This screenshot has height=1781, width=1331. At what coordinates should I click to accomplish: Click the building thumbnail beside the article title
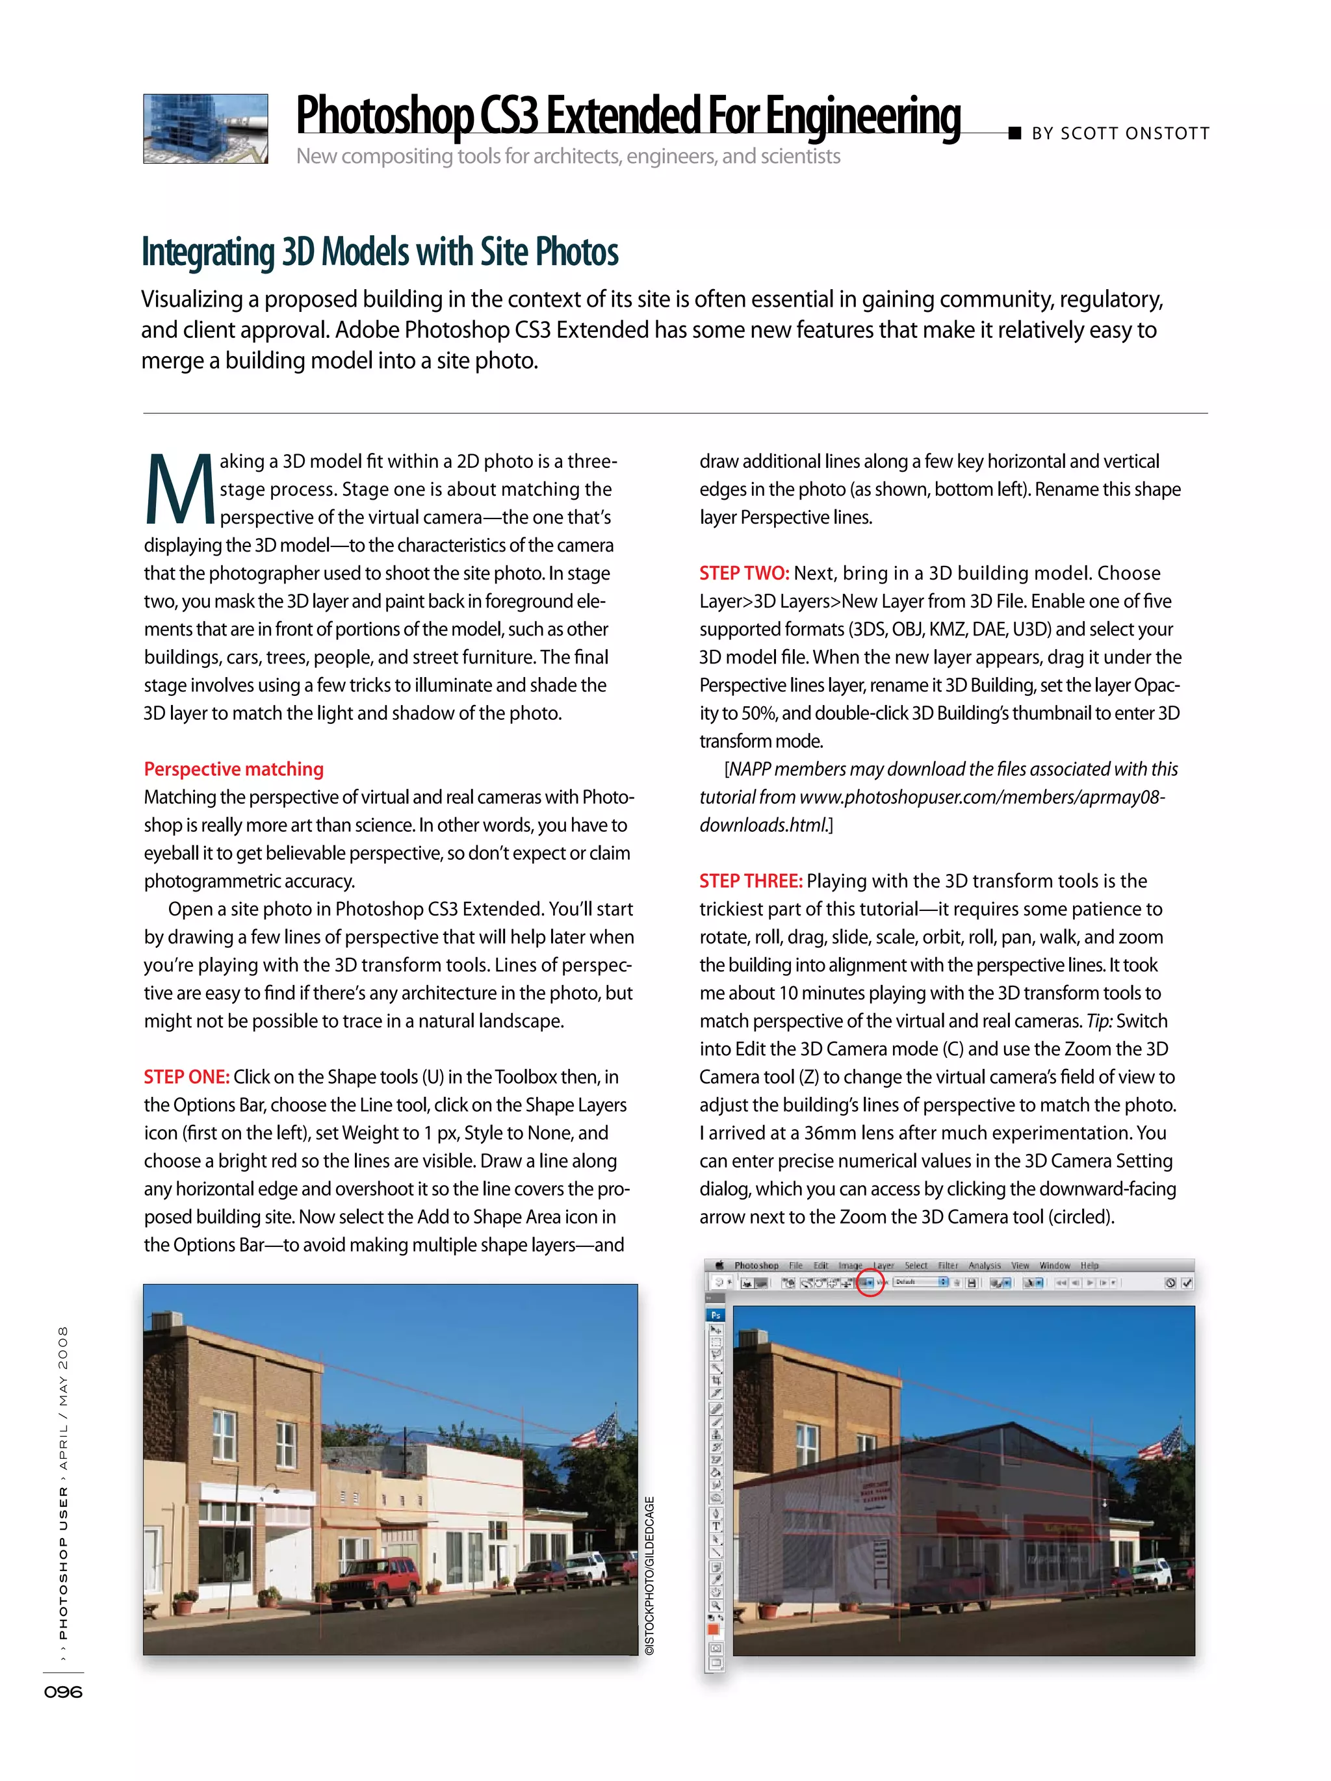205,128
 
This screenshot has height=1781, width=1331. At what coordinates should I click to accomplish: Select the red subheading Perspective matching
233,769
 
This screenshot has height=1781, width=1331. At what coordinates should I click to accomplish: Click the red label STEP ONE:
187,1077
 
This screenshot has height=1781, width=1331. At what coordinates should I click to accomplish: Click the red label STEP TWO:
743,573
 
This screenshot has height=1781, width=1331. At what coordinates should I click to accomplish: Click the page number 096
64,1691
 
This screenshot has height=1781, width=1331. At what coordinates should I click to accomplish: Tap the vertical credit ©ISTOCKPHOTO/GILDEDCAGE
650,1574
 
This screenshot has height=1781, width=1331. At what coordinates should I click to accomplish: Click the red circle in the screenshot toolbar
869,1282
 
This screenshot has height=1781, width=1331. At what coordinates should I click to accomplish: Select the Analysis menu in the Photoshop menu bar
984,1265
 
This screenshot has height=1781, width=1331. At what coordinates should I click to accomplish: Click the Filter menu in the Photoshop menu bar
948,1265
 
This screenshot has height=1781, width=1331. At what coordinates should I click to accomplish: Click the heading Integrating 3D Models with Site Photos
380,252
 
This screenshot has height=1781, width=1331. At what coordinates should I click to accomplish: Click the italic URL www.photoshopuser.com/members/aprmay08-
981,797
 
